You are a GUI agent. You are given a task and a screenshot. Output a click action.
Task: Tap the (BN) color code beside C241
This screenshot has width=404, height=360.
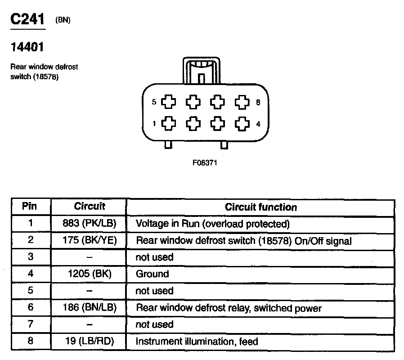click(63, 20)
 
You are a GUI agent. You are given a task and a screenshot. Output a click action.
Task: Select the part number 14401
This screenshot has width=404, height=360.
click(27, 46)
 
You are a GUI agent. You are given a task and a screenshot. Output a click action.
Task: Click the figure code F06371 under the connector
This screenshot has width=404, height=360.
click(205, 163)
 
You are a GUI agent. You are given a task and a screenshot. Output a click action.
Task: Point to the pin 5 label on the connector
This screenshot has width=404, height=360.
click(154, 102)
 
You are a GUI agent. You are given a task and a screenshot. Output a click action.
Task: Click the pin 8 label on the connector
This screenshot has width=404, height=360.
click(258, 102)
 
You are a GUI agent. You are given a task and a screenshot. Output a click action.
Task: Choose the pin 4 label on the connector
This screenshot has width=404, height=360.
click(258, 124)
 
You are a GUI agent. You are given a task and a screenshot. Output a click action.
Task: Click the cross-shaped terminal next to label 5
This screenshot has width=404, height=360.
click(169, 102)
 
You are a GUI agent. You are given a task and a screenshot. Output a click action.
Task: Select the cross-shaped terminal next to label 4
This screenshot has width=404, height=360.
click(242, 123)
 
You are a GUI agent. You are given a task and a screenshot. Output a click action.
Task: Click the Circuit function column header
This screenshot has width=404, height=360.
click(261, 207)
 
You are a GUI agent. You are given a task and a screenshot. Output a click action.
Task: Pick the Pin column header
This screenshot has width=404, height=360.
click(30, 207)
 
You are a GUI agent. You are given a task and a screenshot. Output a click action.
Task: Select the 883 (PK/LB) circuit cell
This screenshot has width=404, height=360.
click(90, 224)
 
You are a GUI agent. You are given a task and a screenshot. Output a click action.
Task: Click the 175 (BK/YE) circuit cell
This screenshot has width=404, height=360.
click(90, 240)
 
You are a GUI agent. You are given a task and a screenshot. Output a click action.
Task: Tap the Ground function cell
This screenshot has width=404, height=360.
click(153, 274)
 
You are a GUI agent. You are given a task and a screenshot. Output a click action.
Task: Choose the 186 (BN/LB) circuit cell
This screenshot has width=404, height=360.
click(90, 308)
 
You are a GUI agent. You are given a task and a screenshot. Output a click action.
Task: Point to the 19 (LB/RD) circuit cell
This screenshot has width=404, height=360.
click(90, 341)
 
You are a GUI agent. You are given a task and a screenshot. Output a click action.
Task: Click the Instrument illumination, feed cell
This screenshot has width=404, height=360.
click(197, 342)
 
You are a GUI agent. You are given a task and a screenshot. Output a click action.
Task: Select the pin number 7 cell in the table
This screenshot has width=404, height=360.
click(30, 324)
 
